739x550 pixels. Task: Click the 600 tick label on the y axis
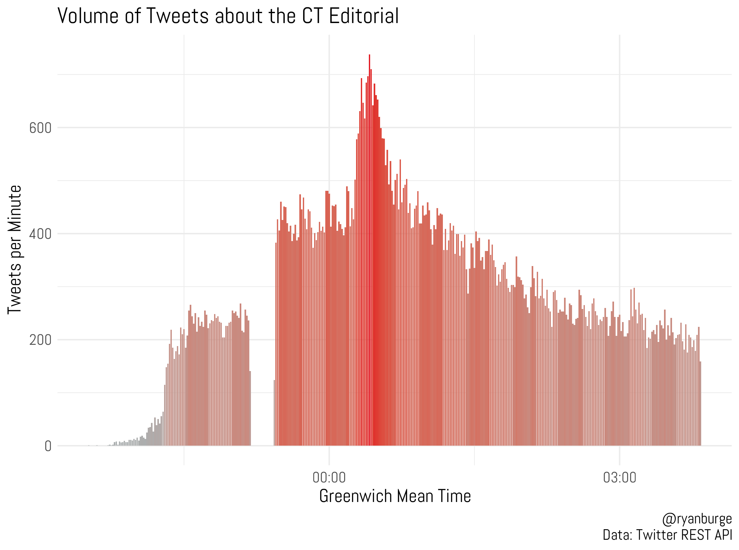pyautogui.click(x=40, y=128)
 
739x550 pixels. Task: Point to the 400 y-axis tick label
pyautogui.click(x=40, y=234)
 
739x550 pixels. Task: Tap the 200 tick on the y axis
pyautogui.click(x=40, y=340)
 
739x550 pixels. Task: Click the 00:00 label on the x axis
pyautogui.click(x=329, y=477)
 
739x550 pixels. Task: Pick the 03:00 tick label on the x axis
pyautogui.click(x=619, y=477)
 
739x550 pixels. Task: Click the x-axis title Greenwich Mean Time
pyautogui.click(x=395, y=496)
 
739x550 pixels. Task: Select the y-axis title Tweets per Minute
pyautogui.click(x=15, y=249)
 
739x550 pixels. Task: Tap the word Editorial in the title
pyautogui.click(x=364, y=16)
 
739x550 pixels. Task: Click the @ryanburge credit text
pyautogui.click(x=697, y=519)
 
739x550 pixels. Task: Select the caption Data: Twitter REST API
pyautogui.click(x=667, y=535)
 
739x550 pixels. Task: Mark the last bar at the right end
pyautogui.click(x=700, y=403)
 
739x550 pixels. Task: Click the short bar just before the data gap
pyautogui.click(x=250, y=408)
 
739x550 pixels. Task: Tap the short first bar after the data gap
pyautogui.click(x=274, y=413)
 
